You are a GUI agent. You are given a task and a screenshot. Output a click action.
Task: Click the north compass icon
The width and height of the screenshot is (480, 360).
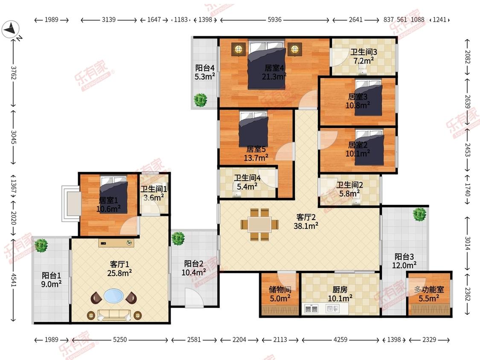tap(11, 29)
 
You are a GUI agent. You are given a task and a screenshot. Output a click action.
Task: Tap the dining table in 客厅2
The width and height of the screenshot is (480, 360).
tap(259, 224)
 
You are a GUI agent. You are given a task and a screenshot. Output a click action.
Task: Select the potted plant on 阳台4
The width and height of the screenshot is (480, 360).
tap(201, 100)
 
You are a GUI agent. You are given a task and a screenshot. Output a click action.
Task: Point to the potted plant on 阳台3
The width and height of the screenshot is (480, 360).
tap(419, 214)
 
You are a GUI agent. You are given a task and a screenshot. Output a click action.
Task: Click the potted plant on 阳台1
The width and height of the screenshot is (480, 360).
tap(41, 246)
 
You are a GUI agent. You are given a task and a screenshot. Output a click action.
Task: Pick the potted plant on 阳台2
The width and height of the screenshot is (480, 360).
tap(178, 238)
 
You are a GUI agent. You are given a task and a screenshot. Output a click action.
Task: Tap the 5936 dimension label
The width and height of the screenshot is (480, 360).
tap(274, 20)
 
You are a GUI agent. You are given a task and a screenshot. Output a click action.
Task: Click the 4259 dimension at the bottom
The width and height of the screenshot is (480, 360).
tap(340, 340)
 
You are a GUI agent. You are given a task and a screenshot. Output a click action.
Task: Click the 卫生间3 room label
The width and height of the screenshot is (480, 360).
tap(364, 52)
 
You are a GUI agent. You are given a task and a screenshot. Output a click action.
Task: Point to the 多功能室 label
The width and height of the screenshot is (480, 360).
tap(429, 289)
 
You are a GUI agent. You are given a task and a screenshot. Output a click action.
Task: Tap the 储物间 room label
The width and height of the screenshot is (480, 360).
tap(280, 289)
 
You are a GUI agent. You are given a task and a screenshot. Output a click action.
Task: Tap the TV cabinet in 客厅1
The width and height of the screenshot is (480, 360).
tap(116, 243)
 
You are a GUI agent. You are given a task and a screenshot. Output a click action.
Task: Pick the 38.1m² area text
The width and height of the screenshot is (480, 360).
tap(306, 226)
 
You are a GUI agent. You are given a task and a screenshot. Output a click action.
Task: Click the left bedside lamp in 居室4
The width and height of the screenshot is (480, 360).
tap(239, 49)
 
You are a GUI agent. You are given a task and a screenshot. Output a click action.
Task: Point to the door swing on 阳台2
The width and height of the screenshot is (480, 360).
tap(194, 298)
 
